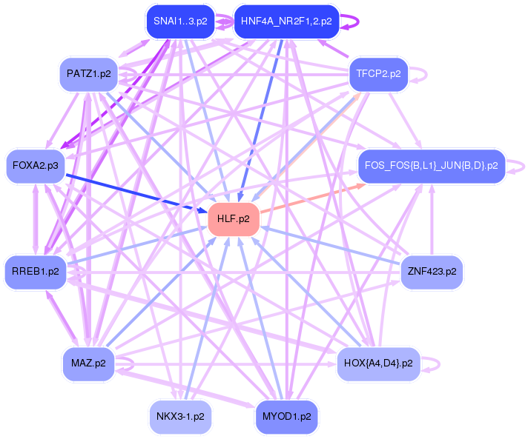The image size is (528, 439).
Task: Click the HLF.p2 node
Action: coord(234,219)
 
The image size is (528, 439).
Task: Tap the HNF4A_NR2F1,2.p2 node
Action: coord(286,21)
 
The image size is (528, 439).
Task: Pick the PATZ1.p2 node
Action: coord(88,74)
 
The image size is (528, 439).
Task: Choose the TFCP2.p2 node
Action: coord(377,74)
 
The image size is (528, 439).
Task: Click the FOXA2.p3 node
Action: coord(36,165)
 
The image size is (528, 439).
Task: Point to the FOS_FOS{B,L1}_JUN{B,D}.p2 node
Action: coord(431,165)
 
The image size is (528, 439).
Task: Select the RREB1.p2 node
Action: coord(36,272)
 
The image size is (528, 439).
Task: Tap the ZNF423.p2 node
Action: coord(432,272)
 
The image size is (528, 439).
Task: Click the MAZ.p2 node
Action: coord(88,363)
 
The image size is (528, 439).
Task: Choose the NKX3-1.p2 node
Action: coord(180,416)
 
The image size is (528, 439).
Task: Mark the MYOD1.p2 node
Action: coord(286,416)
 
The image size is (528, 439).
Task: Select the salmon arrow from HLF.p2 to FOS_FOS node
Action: coord(311,199)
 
